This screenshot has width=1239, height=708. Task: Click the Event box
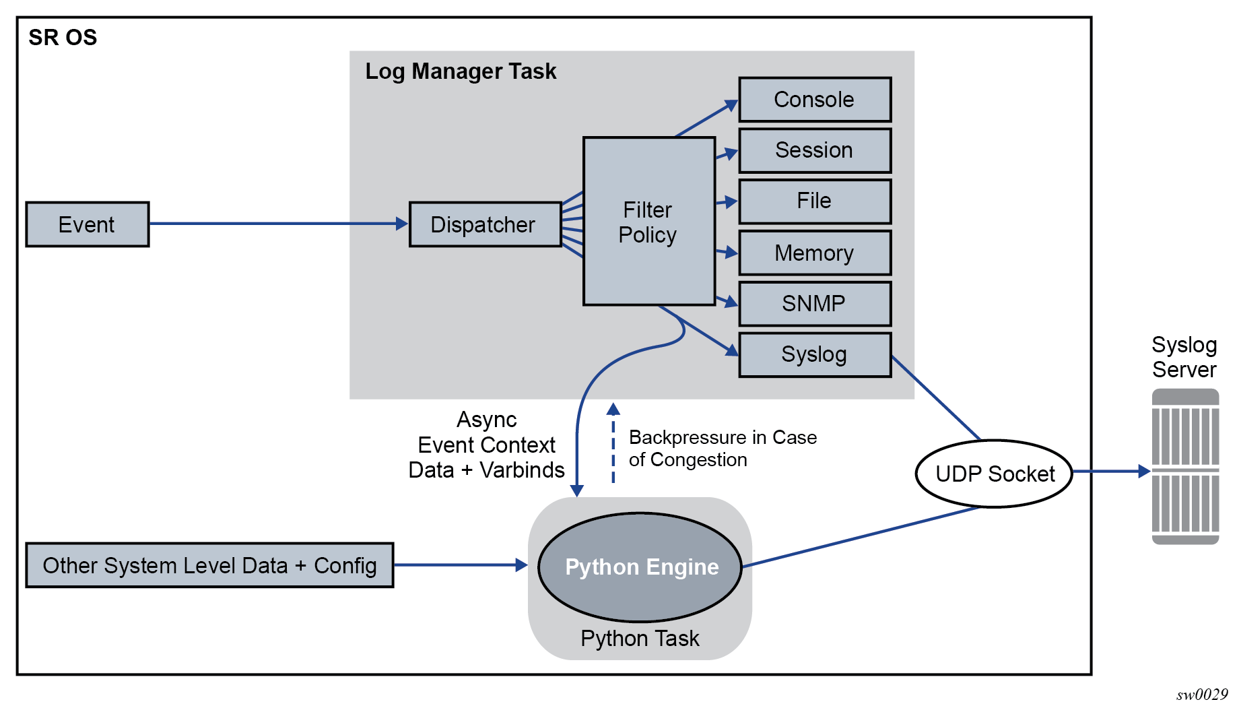click(88, 224)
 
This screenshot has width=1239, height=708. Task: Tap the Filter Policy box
click(648, 222)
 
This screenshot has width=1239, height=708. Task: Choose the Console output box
click(815, 100)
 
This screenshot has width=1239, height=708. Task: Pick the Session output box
click(815, 150)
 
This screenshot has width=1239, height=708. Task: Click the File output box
click(815, 201)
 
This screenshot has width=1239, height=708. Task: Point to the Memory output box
click(815, 253)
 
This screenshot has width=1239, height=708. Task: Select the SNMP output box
click(815, 304)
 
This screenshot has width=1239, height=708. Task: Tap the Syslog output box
click(815, 354)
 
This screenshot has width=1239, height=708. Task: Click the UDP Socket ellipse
click(994, 474)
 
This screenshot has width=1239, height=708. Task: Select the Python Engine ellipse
click(640, 567)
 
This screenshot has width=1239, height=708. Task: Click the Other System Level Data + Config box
click(209, 565)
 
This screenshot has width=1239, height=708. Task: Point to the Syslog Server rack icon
click(1185, 466)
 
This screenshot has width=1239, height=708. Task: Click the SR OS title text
click(63, 38)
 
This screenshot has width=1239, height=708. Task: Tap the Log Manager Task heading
click(461, 71)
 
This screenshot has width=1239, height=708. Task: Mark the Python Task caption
click(640, 639)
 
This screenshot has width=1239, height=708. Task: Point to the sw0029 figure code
click(1202, 695)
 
